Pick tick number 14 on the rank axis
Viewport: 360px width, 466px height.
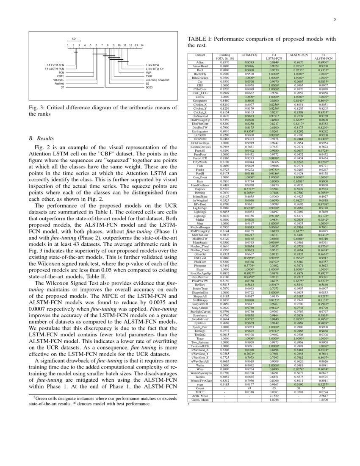coord(142,45)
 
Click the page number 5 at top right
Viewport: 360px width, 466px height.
coord(335,19)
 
